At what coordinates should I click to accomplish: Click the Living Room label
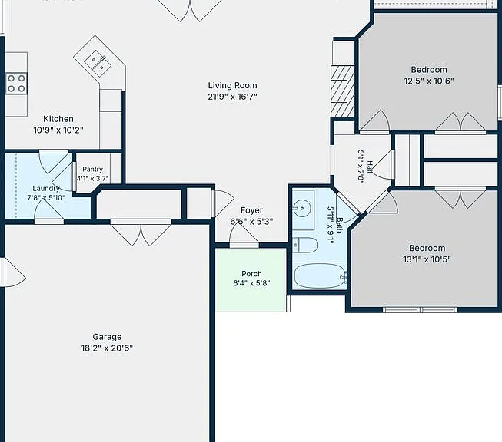[232, 85]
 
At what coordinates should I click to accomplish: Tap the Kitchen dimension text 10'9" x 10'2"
[58, 130]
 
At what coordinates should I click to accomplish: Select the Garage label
[107, 337]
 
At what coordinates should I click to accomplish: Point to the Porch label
[251, 274]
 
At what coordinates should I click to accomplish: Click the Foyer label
[251, 210]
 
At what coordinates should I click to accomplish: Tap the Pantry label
[92, 170]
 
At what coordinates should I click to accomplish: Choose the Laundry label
[46, 189]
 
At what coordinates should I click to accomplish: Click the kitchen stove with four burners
[16, 84]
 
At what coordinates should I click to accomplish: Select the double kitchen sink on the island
[98, 64]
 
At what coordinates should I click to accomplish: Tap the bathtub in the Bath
[320, 275]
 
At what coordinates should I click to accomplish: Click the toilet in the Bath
[305, 245]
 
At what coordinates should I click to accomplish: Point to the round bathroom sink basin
[302, 209]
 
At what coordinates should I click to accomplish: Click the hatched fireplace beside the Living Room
[343, 91]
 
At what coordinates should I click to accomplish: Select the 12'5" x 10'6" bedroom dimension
[429, 81]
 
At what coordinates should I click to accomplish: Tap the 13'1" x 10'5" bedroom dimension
[427, 259]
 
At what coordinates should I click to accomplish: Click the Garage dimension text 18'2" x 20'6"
[107, 348]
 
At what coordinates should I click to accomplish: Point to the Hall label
[370, 167]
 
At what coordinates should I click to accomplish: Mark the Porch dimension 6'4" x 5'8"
[251, 283]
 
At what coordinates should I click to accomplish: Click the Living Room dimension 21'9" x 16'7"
[232, 97]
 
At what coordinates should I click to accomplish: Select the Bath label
[339, 225]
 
